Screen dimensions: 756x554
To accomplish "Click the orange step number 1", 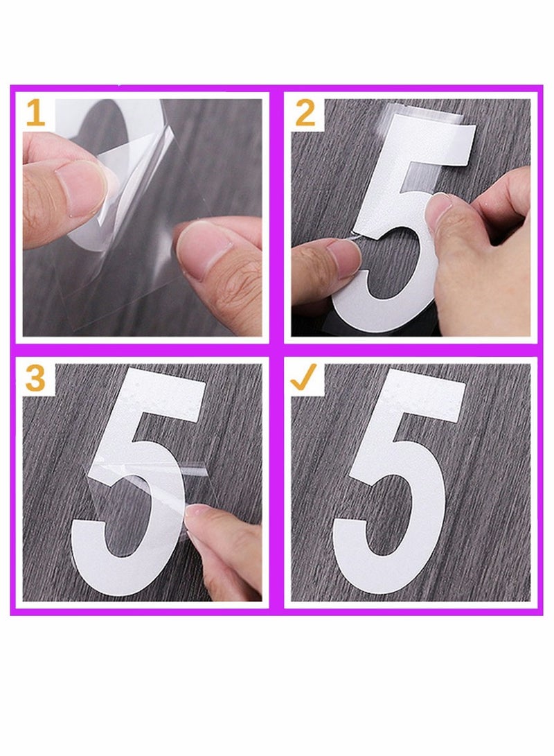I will click(x=35, y=114).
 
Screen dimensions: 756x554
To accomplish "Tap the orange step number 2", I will click(x=305, y=114).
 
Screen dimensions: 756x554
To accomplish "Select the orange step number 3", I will click(x=35, y=379).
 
